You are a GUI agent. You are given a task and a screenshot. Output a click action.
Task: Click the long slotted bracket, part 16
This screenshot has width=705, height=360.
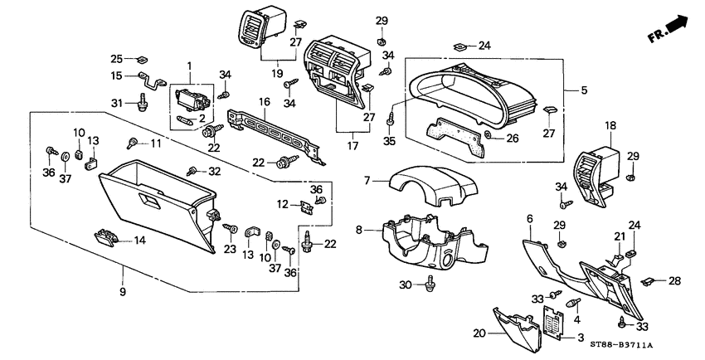[x=274, y=133]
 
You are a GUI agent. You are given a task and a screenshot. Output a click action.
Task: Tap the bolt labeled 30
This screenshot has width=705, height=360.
[x=430, y=286]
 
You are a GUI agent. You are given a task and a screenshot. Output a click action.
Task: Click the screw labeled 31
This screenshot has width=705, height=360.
[x=143, y=103]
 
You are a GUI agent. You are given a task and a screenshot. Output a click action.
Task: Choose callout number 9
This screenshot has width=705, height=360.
[x=123, y=292]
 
